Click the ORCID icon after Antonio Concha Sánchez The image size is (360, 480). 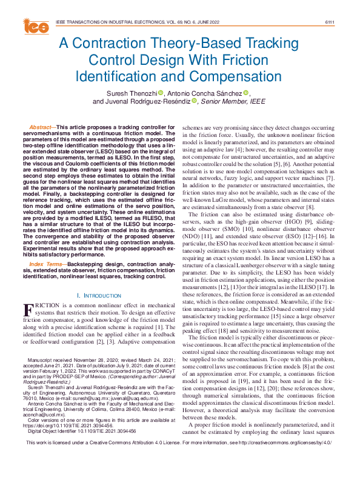click(246, 93)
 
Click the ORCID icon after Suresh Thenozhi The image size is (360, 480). click(161, 93)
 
